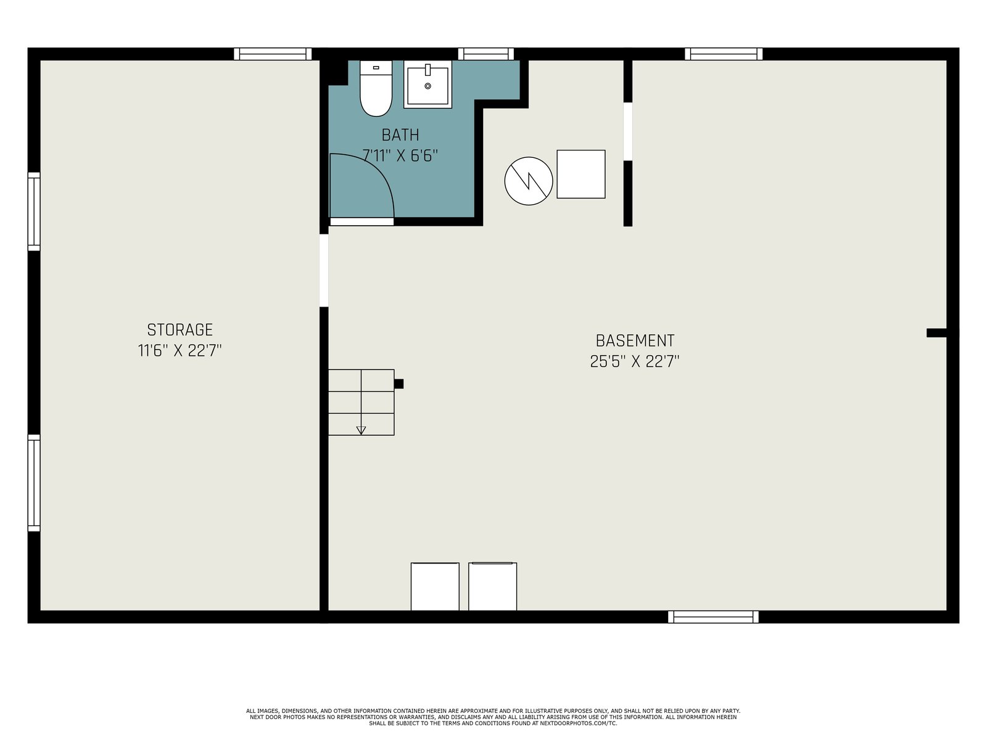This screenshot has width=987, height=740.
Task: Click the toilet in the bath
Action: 376,89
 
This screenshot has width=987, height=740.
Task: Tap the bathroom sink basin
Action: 427,84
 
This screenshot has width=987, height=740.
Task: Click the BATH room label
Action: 400,135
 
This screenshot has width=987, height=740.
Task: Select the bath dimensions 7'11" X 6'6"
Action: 400,156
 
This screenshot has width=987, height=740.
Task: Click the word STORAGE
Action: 180,330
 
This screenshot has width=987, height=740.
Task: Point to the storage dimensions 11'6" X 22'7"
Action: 180,350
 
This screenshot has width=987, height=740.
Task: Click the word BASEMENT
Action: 635,340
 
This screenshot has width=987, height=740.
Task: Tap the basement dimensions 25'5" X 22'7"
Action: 635,361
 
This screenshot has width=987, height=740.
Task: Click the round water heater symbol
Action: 528,181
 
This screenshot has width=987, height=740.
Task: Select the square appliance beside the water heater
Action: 581,174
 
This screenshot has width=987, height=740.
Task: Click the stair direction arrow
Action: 361,430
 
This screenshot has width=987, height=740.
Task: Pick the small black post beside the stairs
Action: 399,384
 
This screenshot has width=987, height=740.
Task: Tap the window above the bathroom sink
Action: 486,54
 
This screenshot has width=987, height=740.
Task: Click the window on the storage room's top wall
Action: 273,54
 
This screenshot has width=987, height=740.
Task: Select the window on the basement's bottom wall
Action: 713,617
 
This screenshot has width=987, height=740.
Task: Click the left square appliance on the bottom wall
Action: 435,586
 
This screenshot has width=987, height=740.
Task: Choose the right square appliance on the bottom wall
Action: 492,586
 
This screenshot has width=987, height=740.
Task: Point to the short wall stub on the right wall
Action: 937,333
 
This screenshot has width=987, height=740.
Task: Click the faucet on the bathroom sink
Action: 427,70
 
